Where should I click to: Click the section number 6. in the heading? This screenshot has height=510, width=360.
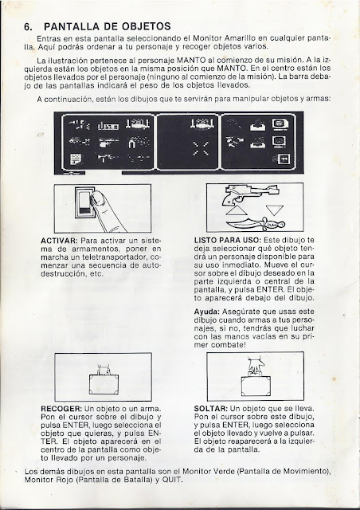click(28, 26)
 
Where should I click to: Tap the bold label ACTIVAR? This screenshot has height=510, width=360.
click(59, 241)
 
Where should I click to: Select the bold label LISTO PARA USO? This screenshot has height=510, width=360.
click(227, 241)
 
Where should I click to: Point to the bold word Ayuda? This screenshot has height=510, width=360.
click(207, 312)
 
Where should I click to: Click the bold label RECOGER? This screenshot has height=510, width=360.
click(61, 409)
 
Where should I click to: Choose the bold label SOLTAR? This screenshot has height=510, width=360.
click(211, 409)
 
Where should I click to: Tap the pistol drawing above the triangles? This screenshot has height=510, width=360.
click(250, 194)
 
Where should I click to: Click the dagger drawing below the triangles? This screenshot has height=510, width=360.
click(256, 224)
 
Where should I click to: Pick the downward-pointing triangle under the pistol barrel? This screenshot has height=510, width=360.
click(275, 210)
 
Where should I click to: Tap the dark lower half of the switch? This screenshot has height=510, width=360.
click(84, 210)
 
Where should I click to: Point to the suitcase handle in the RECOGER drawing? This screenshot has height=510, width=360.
click(104, 370)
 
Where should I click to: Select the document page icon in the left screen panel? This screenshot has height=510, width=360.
click(76, 159)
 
